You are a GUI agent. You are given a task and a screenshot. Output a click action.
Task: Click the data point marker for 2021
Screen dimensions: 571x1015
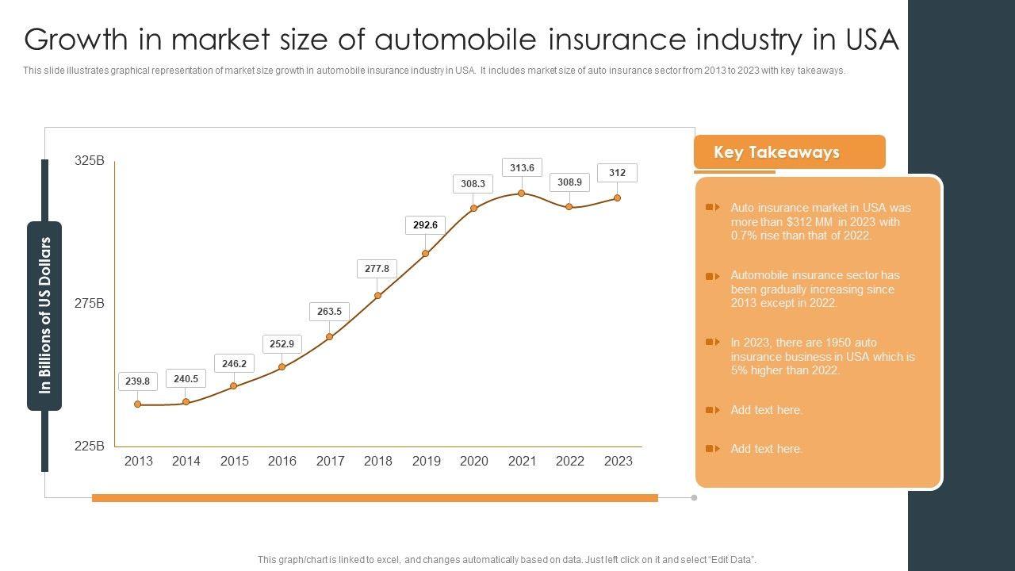(521, 194)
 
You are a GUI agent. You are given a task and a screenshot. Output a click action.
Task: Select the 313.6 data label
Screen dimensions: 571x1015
(522, 168)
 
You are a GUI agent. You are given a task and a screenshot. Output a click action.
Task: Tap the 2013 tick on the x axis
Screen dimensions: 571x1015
(139, 461)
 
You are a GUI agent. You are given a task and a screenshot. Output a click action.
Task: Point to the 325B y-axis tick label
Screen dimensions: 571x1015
(90, 161)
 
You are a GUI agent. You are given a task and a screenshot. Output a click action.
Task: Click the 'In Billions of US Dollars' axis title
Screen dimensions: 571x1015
(44, 315)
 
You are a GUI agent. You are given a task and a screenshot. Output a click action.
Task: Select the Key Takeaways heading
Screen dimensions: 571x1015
(776, 152)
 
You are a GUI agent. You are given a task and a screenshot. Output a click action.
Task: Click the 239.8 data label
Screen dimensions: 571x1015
(137, 381)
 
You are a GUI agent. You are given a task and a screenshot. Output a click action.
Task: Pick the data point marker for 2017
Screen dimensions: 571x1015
(330, 337)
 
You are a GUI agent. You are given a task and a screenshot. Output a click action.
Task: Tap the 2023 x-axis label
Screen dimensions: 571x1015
(618, 461)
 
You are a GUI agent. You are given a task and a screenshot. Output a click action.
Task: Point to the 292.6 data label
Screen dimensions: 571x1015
(425, 225)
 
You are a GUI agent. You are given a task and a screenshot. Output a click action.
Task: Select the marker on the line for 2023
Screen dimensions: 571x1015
(618, 198)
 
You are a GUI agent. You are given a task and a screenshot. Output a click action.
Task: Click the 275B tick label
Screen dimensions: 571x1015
(90, 304)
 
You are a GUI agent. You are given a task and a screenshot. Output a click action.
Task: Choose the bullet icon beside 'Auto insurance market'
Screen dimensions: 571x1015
(712, 208)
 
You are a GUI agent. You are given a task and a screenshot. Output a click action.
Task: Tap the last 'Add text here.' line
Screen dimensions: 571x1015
(766, 449)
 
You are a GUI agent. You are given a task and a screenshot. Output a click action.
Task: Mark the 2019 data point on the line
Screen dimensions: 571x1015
(426, 254)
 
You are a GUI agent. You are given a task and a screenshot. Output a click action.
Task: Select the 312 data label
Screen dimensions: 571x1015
(617, 173)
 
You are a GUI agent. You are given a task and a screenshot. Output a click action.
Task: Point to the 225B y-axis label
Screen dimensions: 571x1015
(90, 446)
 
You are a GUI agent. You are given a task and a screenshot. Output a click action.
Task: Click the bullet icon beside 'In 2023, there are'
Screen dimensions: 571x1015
(712, 343)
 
